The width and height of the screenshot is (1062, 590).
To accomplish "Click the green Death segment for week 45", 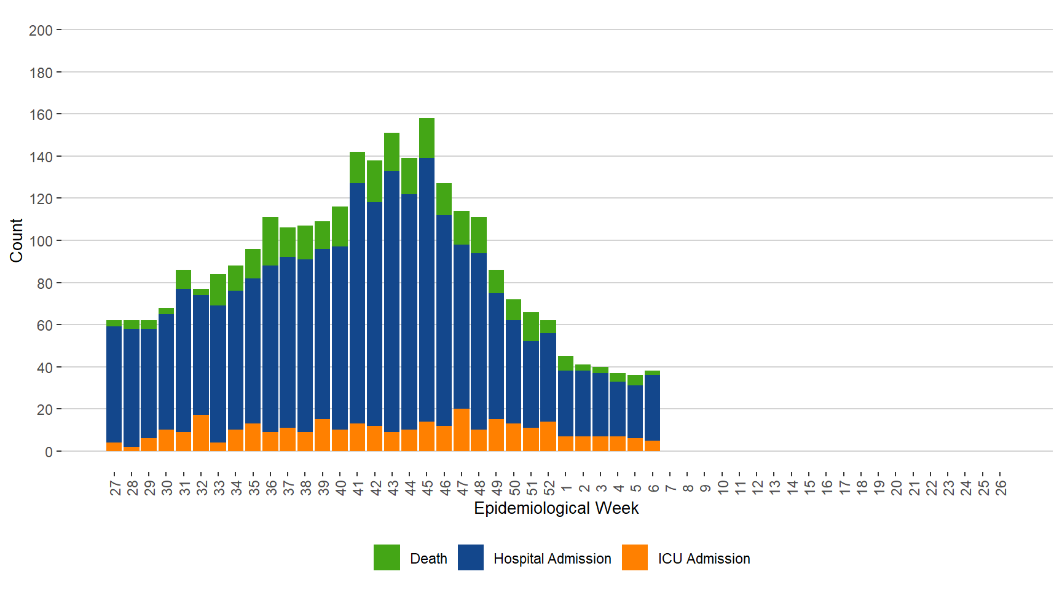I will (427, 138).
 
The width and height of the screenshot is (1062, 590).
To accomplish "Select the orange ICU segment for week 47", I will (461, 430).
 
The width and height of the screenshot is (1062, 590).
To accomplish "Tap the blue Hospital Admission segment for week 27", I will (114, 384).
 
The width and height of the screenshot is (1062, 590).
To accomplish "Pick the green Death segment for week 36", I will (270, 241).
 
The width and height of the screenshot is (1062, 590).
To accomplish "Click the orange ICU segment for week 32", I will (201, 433).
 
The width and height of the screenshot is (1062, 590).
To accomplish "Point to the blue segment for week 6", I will (652, 407).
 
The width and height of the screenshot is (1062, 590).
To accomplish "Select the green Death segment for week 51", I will (531, 326).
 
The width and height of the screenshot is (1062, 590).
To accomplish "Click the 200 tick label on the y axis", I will (41, 30).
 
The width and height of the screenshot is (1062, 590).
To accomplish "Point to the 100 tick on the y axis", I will (41, 241).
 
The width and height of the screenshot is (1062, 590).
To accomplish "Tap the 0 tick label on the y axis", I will (49, 452).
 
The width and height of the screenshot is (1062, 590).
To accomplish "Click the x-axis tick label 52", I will (549, 488).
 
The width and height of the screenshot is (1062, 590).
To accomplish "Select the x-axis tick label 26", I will (1001, 488).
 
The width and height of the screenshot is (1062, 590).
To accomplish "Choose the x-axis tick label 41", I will (358, 488).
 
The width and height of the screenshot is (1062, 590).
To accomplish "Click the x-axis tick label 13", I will (774, 488).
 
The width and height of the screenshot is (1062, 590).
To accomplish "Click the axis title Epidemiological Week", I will (556, 508).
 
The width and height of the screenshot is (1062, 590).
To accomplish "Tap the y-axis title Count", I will (16, 240).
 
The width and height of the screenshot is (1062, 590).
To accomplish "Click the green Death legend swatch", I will (387, 557).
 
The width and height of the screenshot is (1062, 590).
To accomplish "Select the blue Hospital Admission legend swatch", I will (471, 557).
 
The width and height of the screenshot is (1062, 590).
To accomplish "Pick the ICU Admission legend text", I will (704, 559).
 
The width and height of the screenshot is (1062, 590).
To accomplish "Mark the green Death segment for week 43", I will (391, 152).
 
